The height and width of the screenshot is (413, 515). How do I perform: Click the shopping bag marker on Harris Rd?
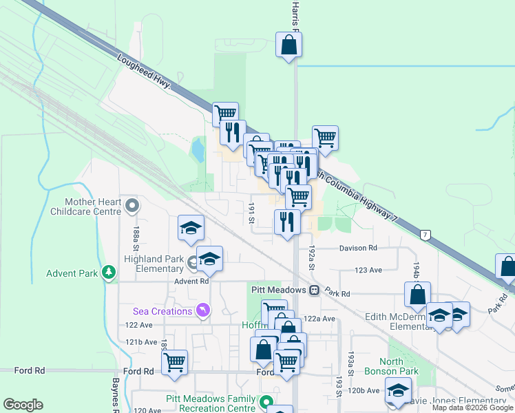point(289,45)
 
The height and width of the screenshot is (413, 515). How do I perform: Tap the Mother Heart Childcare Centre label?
point(93,206)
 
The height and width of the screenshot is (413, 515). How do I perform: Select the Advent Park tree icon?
point(108,273)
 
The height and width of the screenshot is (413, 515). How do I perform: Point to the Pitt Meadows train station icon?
point(314,290)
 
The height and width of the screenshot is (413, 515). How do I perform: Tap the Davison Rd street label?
point(358,248)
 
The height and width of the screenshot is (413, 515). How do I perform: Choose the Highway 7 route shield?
point(427,236)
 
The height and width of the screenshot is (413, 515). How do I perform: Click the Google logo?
point(23,404)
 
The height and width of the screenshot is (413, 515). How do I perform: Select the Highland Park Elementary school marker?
point(209,259)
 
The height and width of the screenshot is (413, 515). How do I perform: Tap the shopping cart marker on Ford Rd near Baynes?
point(175,361)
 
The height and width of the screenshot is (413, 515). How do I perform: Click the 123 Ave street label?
point(368,271)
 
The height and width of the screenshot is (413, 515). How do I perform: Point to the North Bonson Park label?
point(400,367)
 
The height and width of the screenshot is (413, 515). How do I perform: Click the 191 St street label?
point(252,213)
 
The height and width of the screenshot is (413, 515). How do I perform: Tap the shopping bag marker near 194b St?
point(417,295)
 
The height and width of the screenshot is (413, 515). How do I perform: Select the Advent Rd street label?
point(191,281)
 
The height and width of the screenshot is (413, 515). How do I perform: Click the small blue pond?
point(198,149)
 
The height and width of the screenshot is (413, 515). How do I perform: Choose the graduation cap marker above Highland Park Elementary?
point(190,229)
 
